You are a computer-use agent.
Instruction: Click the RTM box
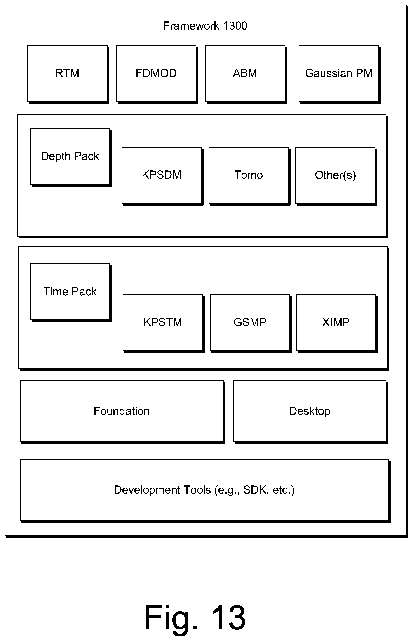68,74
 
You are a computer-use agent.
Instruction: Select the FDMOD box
157,74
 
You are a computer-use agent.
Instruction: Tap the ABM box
246,74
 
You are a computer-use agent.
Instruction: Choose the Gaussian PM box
339,74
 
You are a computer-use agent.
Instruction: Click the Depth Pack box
70,157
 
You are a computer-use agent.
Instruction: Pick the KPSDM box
162,176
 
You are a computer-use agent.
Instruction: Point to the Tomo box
249,176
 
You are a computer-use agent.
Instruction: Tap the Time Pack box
70,292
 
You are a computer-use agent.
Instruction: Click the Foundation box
122,412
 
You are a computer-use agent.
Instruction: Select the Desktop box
311,412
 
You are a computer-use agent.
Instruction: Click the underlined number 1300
235,26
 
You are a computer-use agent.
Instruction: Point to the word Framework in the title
191,26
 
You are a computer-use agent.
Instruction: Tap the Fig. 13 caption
195,618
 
